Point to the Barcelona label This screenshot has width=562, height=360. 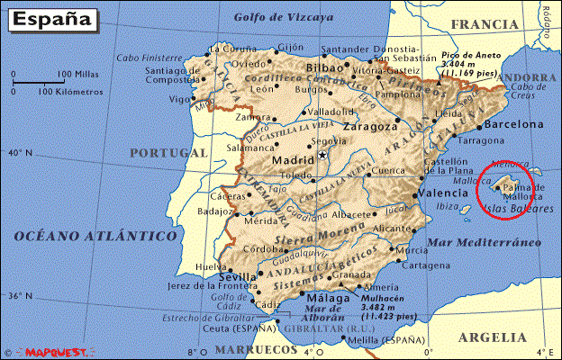(514, 124)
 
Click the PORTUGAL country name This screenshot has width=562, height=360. (168, 153)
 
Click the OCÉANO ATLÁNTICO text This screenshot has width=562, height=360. (95, 236)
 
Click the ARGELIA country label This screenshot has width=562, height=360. (492, 337)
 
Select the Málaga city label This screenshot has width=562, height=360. (328, 299)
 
